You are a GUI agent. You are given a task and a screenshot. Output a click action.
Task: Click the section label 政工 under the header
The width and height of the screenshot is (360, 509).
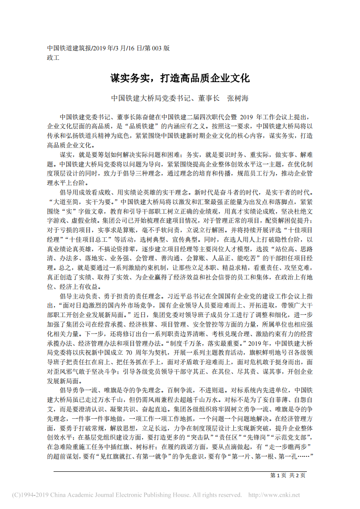[x=53, y=58]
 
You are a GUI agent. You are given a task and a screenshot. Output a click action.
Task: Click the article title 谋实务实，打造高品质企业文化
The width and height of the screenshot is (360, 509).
[x=180, y=78]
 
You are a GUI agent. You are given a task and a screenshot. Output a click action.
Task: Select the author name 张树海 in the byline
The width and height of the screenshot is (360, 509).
[x=237, y=98]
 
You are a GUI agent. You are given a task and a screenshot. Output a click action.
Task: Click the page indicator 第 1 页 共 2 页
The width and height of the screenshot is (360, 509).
[x=288, y=475]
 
